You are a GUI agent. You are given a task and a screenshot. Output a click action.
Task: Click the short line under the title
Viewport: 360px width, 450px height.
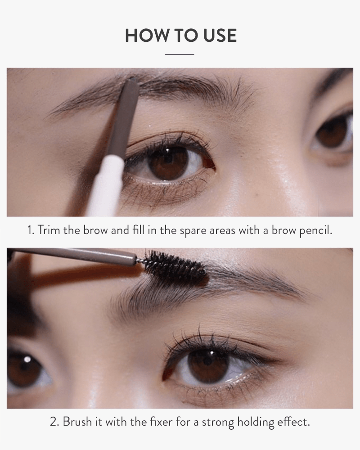(x=180, y=54)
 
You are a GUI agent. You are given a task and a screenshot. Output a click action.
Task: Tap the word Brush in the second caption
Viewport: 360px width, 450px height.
(x=76, y=422)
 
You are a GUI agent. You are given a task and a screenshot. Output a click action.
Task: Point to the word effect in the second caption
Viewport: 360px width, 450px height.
(x=294, y=422)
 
